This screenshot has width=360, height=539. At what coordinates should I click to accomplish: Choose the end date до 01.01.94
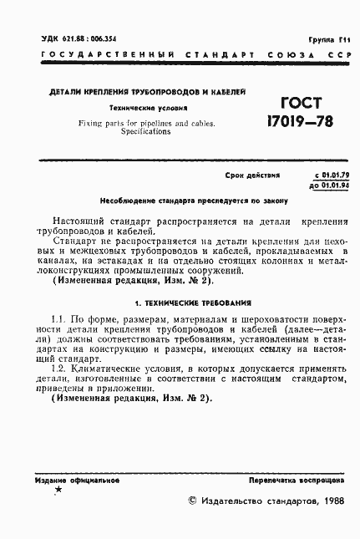pyautogui.click(x=327, y=185)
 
